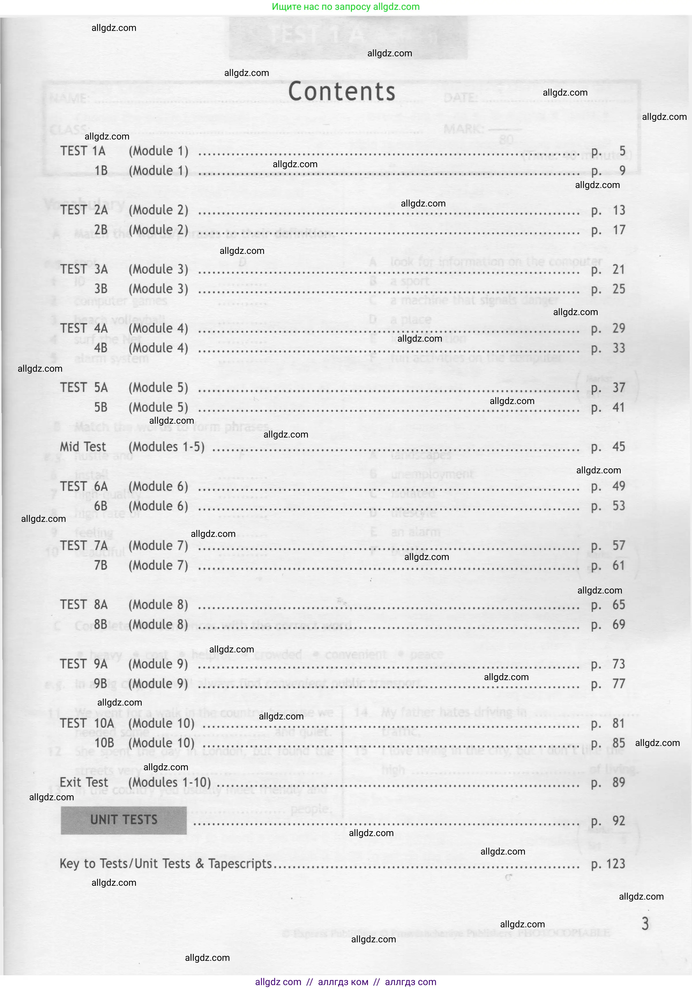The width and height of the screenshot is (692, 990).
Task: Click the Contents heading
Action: click(x=341, y=92)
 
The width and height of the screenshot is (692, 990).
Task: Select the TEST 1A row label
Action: click(x=83, y=151)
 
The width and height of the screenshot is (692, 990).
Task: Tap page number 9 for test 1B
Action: click(x=622, y=171)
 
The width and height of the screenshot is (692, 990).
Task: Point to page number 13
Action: click(x=619, y=211)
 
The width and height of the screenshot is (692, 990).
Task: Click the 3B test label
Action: click(x=101, y=289)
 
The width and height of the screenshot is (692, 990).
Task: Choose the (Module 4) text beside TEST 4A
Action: click(x=158, y=329)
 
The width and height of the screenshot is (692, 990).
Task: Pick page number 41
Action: click(x=619, y=407)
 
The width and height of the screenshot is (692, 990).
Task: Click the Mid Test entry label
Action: click(x=83, y=447)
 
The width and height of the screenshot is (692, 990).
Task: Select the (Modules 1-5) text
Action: click(x=166, y=447)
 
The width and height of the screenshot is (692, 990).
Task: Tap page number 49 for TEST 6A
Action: click(x=619, y=486)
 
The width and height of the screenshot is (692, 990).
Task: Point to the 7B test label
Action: click(x=101, y=565)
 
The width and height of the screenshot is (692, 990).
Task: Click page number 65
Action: click(x=619, y=605)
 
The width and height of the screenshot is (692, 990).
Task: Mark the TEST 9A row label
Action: click(x=84, y=664)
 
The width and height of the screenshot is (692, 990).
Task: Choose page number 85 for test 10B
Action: click(x=619, y=743)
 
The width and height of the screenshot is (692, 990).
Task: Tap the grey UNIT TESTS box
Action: click(x=124, y=820)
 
